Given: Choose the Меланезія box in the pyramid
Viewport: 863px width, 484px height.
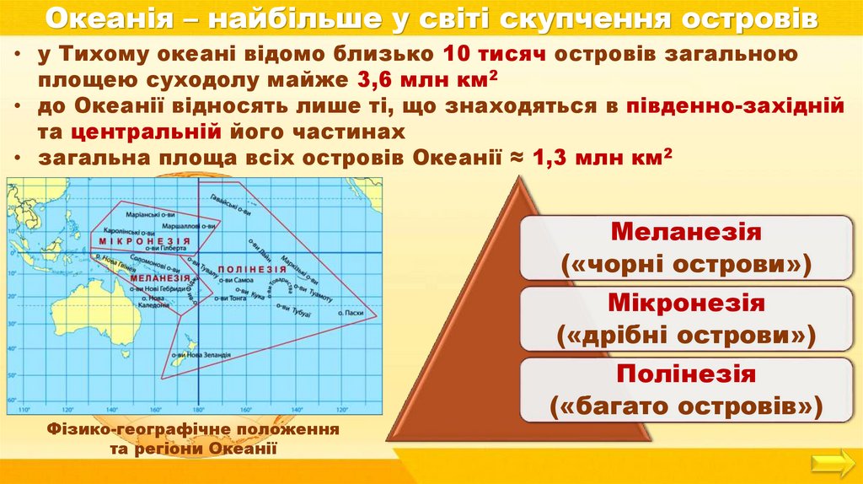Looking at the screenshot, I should (x=685, y=248).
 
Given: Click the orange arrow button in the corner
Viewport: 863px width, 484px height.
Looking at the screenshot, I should (x=832, y=462).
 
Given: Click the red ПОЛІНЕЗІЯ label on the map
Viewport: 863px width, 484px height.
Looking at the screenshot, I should (x=251, y=268).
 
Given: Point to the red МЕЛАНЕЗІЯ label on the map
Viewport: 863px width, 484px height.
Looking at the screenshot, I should (x=160, y=277).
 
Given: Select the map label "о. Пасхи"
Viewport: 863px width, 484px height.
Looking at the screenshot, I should (x=352, y=314).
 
